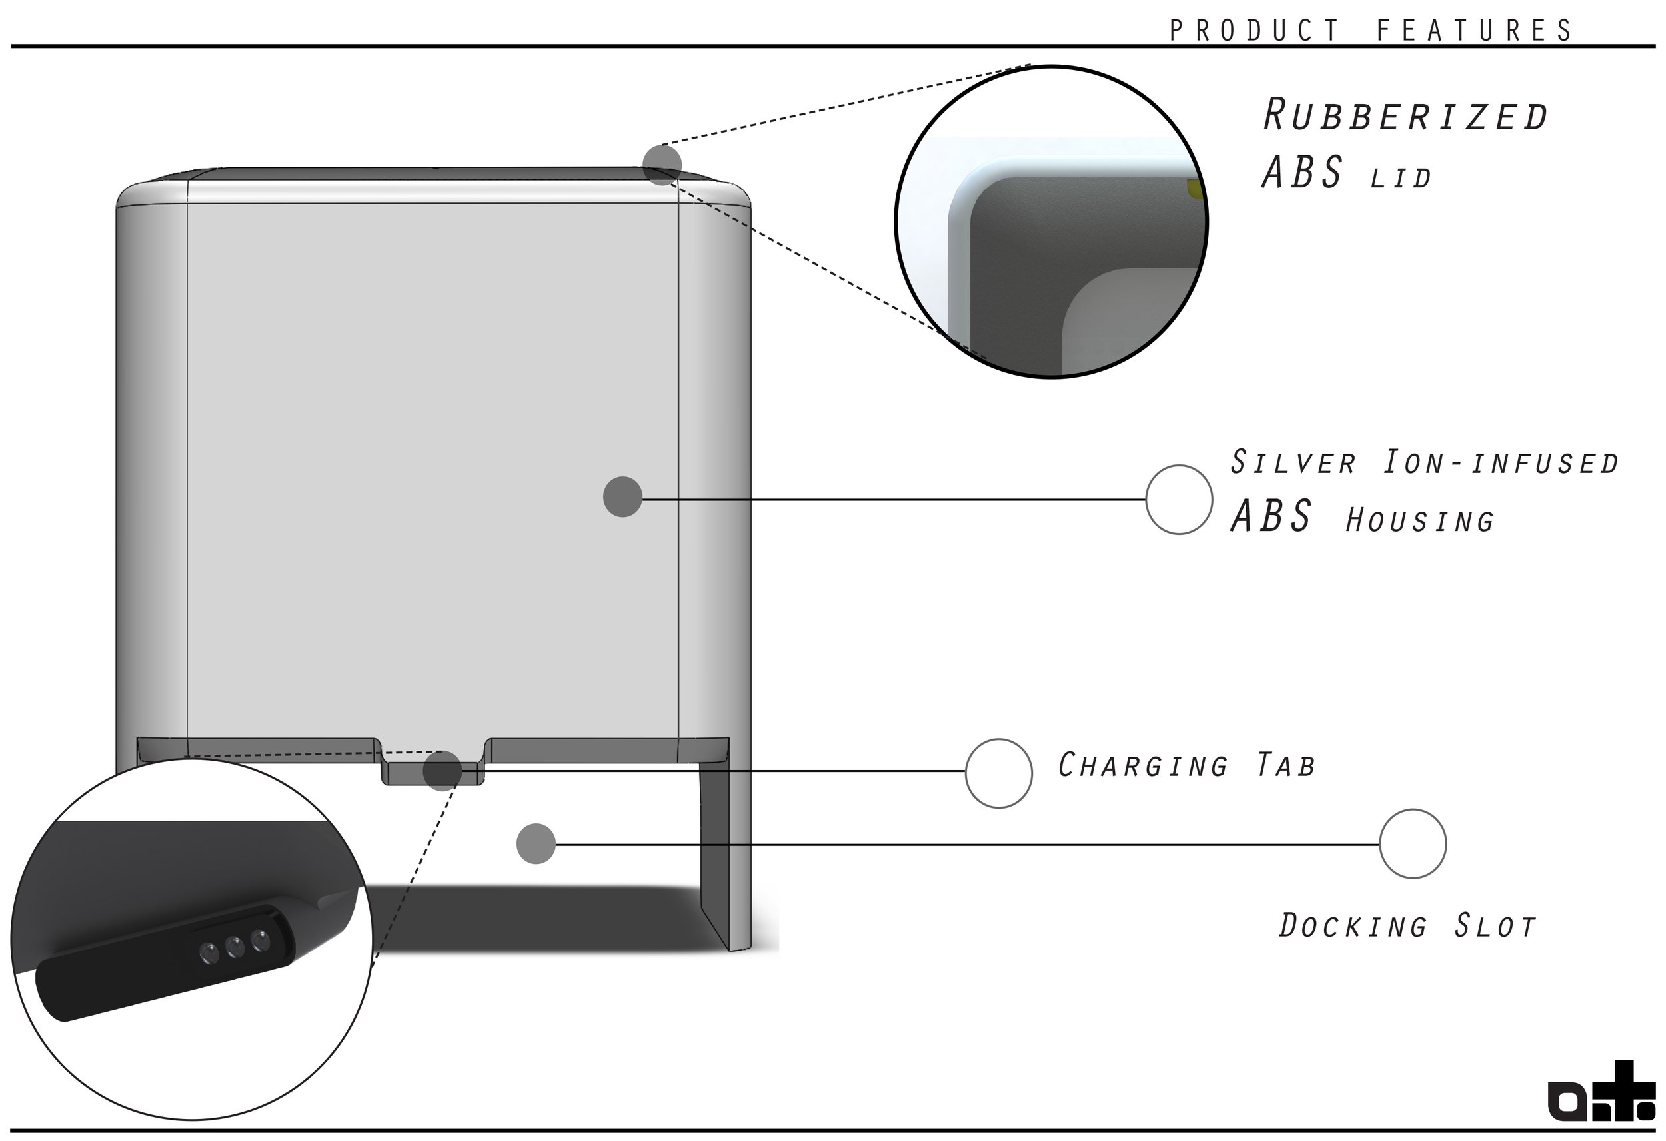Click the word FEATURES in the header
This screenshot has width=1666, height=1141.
pyautogui.click(x=1475, y=31)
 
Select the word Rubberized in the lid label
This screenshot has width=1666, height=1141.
pyautogui.click(x=1406, y=115)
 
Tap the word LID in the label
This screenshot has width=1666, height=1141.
pyautogui.click(x=1401, y=179)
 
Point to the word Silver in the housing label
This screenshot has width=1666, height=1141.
pyautogui.click(x=1293, y=462)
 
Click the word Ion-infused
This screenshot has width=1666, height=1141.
pyautogui.click(x=1501, y=463)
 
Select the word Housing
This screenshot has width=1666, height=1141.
pyautogui.click(x=1420, y=521)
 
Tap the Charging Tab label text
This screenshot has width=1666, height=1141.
pyautogui.click(x=1187, y=765)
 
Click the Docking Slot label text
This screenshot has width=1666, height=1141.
pyautogui.click(x=1408, y=925)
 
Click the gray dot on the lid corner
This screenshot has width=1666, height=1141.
pyautogui.click(x=662, y=164)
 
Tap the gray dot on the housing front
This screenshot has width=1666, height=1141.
pyautogui.click(x=622, y=497)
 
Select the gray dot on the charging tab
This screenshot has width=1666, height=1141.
pyautogui.click(x=442, y=771)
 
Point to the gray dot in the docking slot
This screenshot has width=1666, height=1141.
pyautogui.click(x=536, y=843)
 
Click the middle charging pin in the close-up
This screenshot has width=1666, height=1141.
pyautogui.click(x=235, y=947)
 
